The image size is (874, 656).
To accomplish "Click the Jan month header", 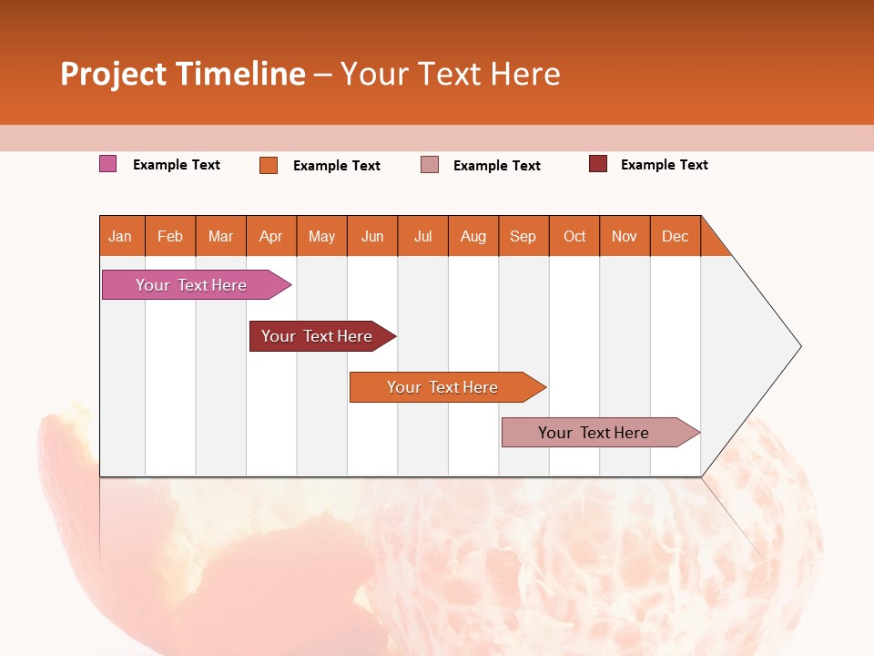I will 121,236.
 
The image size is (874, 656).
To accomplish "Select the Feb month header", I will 170,236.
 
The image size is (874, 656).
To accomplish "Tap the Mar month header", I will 220,236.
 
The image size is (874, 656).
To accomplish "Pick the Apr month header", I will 271,236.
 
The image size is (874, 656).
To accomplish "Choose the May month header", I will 321,236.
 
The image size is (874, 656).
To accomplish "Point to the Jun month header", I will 372,236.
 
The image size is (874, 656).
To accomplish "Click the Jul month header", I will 422,236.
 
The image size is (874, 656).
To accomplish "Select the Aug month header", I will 473,236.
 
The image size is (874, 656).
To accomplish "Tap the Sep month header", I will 523,236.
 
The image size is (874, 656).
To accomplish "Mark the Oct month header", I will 574,236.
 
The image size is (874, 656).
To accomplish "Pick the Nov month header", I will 625,236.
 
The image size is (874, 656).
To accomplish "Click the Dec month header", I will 676,236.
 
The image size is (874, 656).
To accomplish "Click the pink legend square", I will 108,164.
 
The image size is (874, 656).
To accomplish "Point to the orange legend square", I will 269,165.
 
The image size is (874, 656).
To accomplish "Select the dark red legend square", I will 598,164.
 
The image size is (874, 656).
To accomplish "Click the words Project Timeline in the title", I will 183,74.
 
